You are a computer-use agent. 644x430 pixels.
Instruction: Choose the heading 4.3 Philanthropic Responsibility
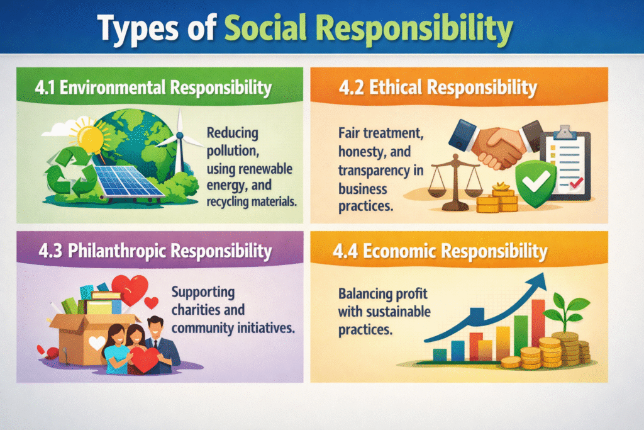[153, 251]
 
